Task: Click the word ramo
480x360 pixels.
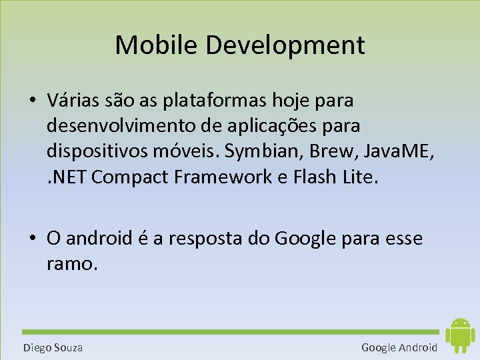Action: point(73,263)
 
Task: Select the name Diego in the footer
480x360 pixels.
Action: point(36,347)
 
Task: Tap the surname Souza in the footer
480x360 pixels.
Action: point(67,347)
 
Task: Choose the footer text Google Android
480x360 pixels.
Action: point(399,347)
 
